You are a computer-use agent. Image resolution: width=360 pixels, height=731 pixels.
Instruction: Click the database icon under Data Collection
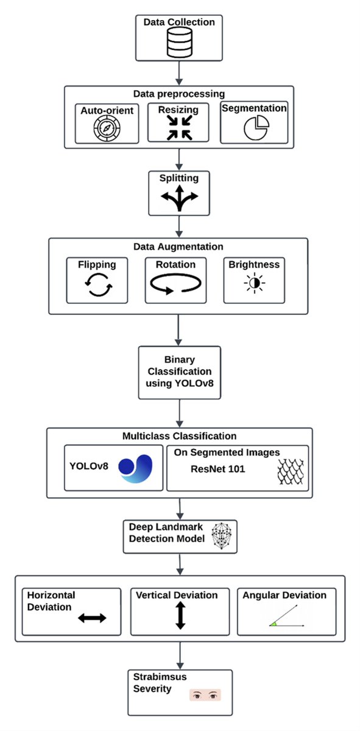tap(179, 43)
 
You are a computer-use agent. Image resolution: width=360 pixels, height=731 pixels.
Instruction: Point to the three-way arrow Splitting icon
tap(179, 199)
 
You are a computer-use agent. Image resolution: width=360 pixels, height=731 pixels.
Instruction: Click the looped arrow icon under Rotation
tap(176, 285)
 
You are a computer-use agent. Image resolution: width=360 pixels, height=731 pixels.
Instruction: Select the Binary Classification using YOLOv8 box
tap(179, 372)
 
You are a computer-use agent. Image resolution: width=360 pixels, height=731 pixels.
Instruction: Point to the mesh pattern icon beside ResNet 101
tap(290, 471)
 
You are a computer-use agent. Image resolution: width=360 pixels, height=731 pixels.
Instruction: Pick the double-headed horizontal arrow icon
tap(92, 618)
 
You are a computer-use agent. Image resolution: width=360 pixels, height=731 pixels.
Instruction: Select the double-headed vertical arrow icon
tap(180, 615)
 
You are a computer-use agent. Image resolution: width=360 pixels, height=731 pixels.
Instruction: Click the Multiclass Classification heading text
tap(179, 436)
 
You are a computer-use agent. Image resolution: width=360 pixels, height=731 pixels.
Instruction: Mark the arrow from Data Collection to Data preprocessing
tap(179, 73)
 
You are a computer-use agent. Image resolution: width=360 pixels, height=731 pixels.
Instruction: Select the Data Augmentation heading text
tap(178, 247)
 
